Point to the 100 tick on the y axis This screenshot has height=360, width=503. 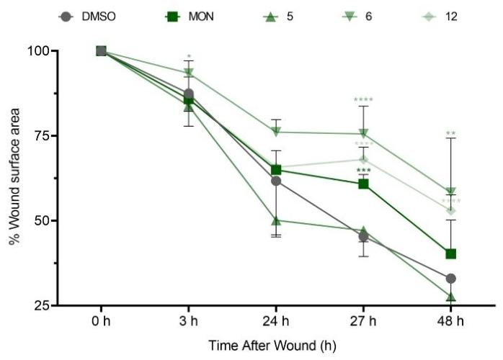pos(38,51)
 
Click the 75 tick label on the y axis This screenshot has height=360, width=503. pos(41,136)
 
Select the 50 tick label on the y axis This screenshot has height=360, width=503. pos(41,220)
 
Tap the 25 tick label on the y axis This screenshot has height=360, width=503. pos(41,305)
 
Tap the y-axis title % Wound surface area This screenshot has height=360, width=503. pos(14,178)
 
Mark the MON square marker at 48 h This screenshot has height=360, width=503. pos(451,253)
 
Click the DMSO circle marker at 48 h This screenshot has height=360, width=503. pos(451,279)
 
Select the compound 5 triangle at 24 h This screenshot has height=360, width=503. pos(276,220)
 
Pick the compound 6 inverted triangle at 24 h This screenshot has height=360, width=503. pos(276,132)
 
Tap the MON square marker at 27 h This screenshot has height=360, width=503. pos(364,184)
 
